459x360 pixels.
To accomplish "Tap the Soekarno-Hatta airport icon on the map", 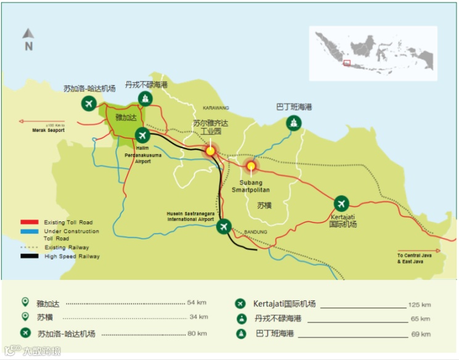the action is [89, 104].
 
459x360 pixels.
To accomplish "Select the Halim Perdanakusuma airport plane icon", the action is [143, 135].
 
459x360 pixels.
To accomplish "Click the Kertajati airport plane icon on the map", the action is [341, 203].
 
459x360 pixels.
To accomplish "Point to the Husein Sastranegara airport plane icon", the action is [224, 227].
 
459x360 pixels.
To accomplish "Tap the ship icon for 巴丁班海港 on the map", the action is [294, 123].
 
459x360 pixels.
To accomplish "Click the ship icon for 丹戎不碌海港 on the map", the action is [145, 99].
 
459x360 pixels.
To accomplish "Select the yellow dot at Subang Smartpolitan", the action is [250, 166].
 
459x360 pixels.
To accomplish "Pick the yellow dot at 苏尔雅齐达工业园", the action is [210, 150].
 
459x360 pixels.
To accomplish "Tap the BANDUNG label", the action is [255, 232].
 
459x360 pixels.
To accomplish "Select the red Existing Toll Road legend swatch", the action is [30, 222].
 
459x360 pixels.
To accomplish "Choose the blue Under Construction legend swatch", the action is [30, 231].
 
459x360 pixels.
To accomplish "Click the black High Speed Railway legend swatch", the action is [30, 256].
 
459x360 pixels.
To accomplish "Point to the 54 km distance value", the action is [197, 303].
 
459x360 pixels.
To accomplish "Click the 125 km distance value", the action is [419, 305].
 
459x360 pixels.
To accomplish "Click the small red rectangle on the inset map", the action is [347, 62].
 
